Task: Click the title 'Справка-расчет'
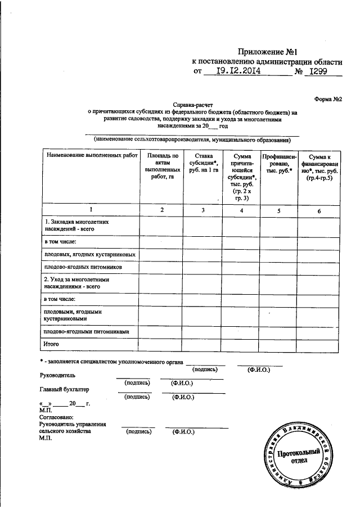click(x=192, y=105)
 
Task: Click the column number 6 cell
click(x=319, y=210)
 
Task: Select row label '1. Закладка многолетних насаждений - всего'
click(x=76, y=226)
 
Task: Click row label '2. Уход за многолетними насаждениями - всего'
click(x=76, y=282)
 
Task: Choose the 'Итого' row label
click(x=52, y=343)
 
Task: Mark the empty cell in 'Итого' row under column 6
click(x=319, y=343)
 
